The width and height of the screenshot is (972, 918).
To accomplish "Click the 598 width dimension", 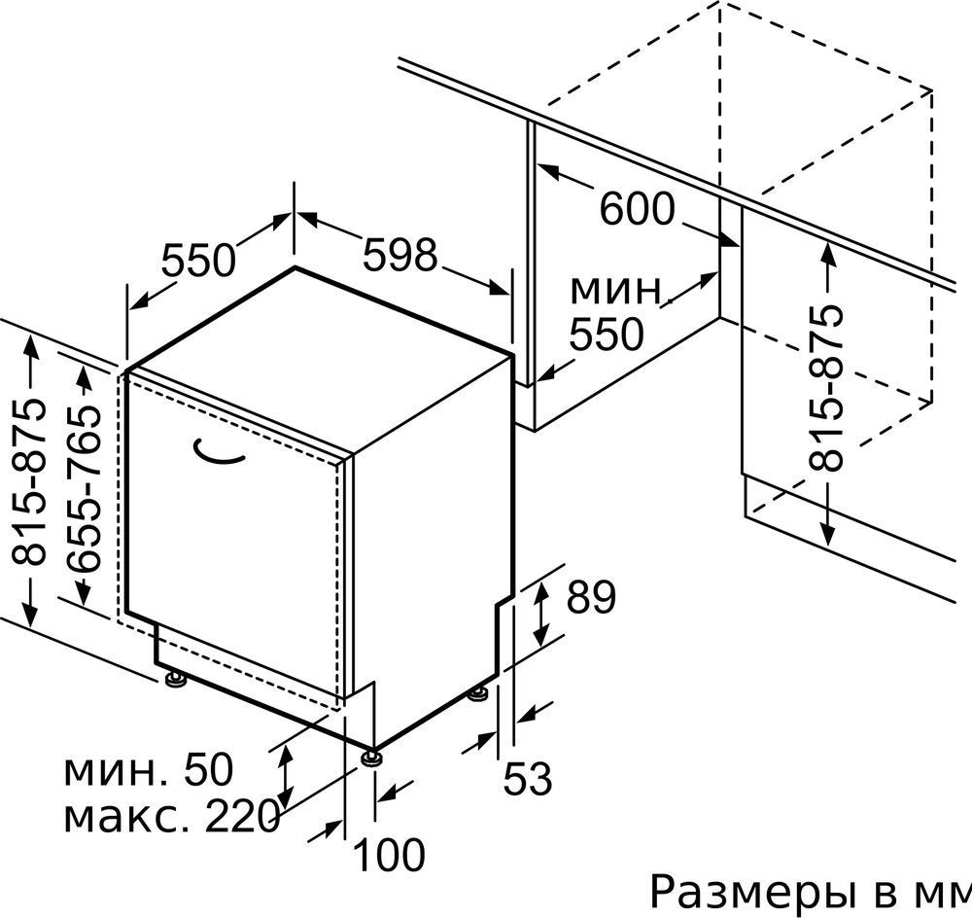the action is [399, 255].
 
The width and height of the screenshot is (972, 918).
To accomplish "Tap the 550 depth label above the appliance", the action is [198, 260].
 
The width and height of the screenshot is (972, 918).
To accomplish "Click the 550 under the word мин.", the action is [607, 335].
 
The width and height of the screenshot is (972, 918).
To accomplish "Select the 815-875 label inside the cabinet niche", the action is [826, 387].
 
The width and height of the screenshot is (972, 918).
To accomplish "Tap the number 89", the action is [591, 597].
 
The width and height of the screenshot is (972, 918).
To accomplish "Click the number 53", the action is [527, 778].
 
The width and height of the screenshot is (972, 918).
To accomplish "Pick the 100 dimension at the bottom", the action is [390, 855].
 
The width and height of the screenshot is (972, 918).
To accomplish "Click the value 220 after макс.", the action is [242, 816].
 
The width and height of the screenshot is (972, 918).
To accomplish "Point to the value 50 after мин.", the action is [208, 770].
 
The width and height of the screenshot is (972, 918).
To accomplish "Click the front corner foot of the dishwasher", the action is [371, 757].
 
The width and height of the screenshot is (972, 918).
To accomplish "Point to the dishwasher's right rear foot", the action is [480, 693].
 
